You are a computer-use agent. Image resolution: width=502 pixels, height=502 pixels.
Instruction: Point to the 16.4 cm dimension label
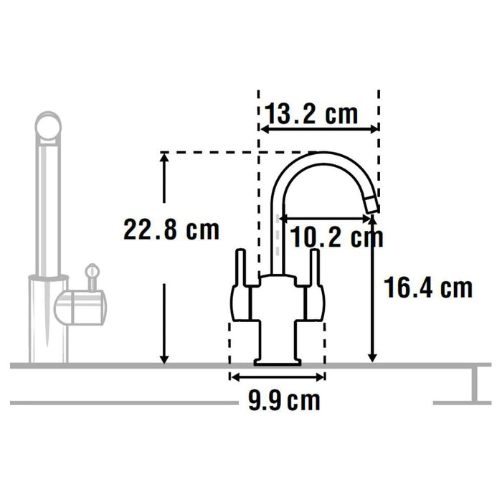pos(428,288)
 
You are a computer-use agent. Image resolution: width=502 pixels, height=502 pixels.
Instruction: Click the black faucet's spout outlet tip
pos(371,206)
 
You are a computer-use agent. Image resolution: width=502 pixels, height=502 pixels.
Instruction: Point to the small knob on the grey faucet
pos(91,271)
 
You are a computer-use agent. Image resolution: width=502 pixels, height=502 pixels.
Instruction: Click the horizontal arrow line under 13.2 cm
pos(318,130)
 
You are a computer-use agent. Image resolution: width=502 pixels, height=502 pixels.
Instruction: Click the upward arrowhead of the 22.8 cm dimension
pos(165,159)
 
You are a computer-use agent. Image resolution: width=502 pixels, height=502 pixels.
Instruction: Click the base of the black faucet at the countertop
pos(277,360)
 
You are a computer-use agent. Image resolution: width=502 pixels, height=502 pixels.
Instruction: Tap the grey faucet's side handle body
pos(79,307)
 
